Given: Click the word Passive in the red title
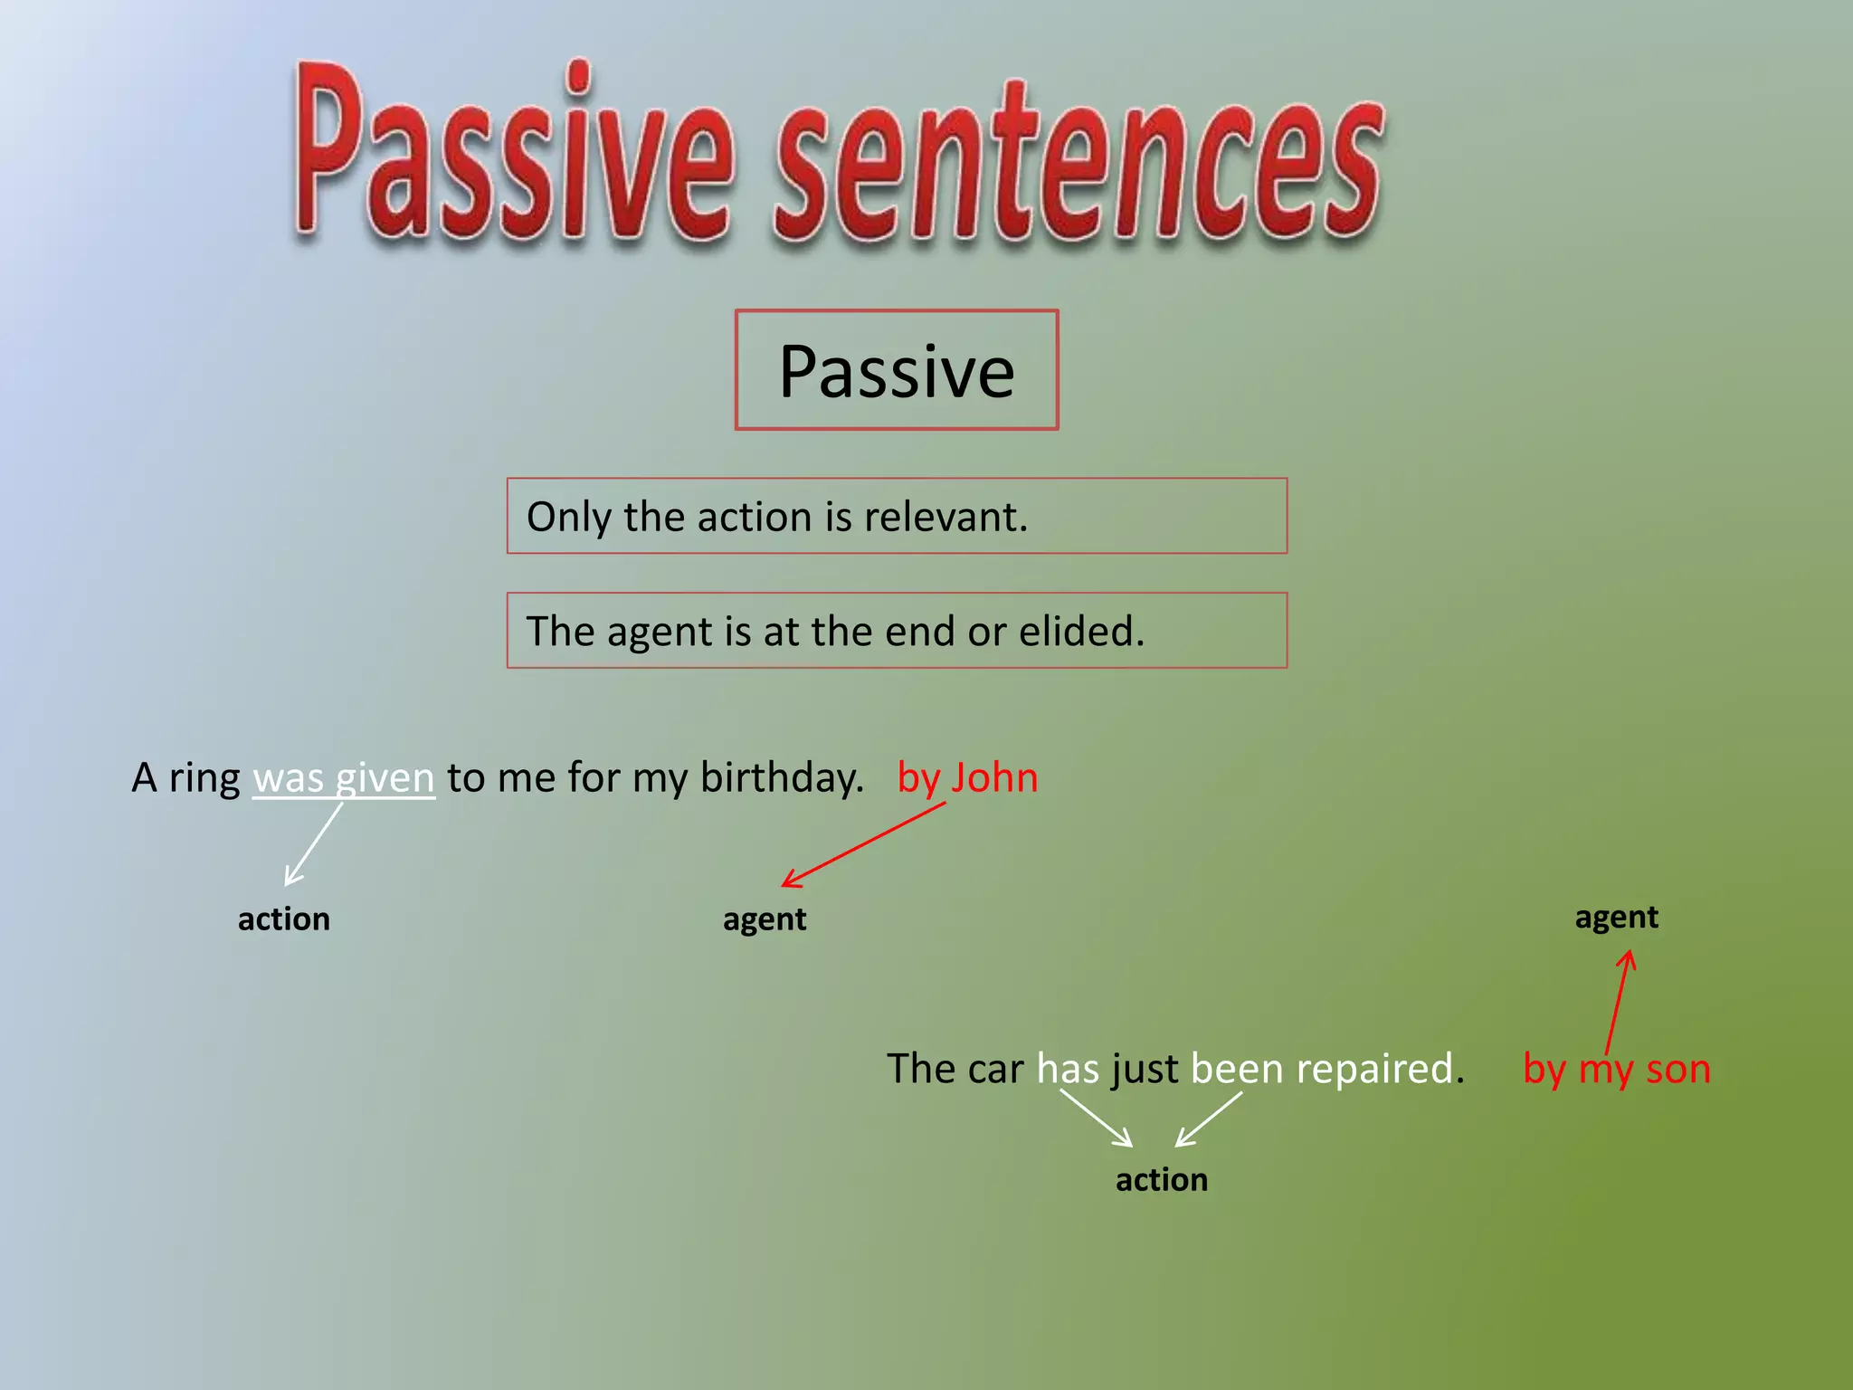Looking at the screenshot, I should (x=511, y=154).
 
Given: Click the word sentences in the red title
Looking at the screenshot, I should (x=1077, y=167).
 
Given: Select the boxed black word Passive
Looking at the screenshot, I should (x=896, y=371).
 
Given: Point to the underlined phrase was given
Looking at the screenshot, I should (x=344, y=778).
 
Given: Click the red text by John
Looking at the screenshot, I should (x=966, y=778).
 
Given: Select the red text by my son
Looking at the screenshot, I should (x=1616, y=1070).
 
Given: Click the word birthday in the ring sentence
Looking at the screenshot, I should (x=781, y=778).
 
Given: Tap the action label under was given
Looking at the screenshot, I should (x=283, y=919).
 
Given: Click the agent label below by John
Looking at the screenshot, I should (x=765, y=919).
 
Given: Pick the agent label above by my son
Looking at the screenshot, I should (x=1616, y=918).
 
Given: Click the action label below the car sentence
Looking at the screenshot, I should (x=1161, y=1180).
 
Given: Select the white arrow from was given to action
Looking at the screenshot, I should (x=313, y=844).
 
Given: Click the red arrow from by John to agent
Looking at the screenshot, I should (x=864, y=844).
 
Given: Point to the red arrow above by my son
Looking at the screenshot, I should (x=1618, y=1000).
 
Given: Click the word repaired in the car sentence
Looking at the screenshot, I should (x=1375, y=1070).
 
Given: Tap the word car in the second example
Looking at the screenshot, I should (x=995, y=1070).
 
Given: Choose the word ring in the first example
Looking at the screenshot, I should (x=204, y=778).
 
